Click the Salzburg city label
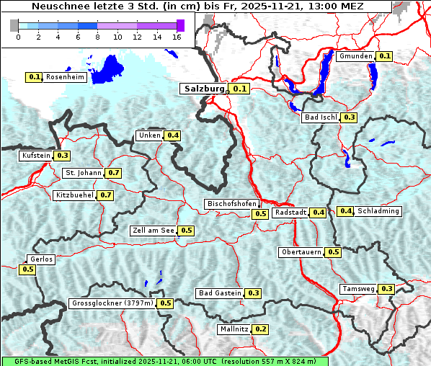(x=204, y=89)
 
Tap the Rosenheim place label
(x=65, y=77)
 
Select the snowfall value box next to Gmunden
(x=384, y=56)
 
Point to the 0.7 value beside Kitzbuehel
(x=105, y=195)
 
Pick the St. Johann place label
(x=83, y=173)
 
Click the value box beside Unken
(x=172, y=135)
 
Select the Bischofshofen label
(x=231, y=205)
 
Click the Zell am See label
(x=154, y=231)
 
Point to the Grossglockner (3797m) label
(x=112, y=303)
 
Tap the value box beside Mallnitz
(x=260, y=329)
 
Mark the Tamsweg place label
(x=358, y=289)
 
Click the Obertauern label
(x=301, y=252)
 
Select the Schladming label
(x=378, y=211)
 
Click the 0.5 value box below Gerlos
(x=27, y=269)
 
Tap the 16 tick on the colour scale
(x=177, y=37)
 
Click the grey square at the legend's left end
(x=14, y=25)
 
